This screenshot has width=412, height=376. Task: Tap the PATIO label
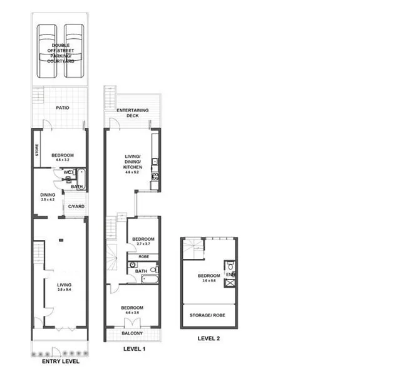pyautogui.click(x=61, y=108)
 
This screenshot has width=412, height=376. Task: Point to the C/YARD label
pyautogui.click(x=76, y=206)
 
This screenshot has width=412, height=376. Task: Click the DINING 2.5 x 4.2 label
pyautogui.click(x=48, y=197)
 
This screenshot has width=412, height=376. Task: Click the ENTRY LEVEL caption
pyautogui.click(x=60, y=362)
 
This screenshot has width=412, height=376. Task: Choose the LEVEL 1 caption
pyautogui.click(x=134, y=348)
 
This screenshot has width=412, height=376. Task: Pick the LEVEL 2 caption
pyautogui.click(x=209, y=338)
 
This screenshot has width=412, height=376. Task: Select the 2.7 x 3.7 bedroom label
pyautogui.click(x=143, y=241)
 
